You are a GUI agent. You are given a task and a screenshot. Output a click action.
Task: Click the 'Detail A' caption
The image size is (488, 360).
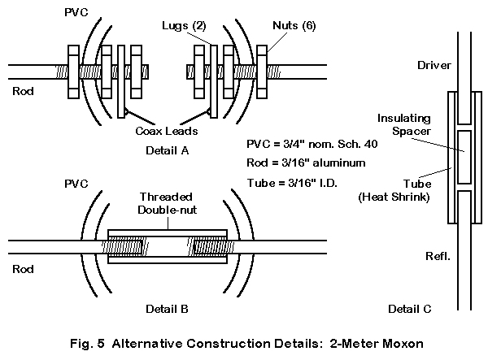167,151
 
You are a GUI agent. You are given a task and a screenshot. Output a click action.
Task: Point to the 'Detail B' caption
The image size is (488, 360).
166,309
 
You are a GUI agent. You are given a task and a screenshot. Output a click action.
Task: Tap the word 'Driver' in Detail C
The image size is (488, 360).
433,63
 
